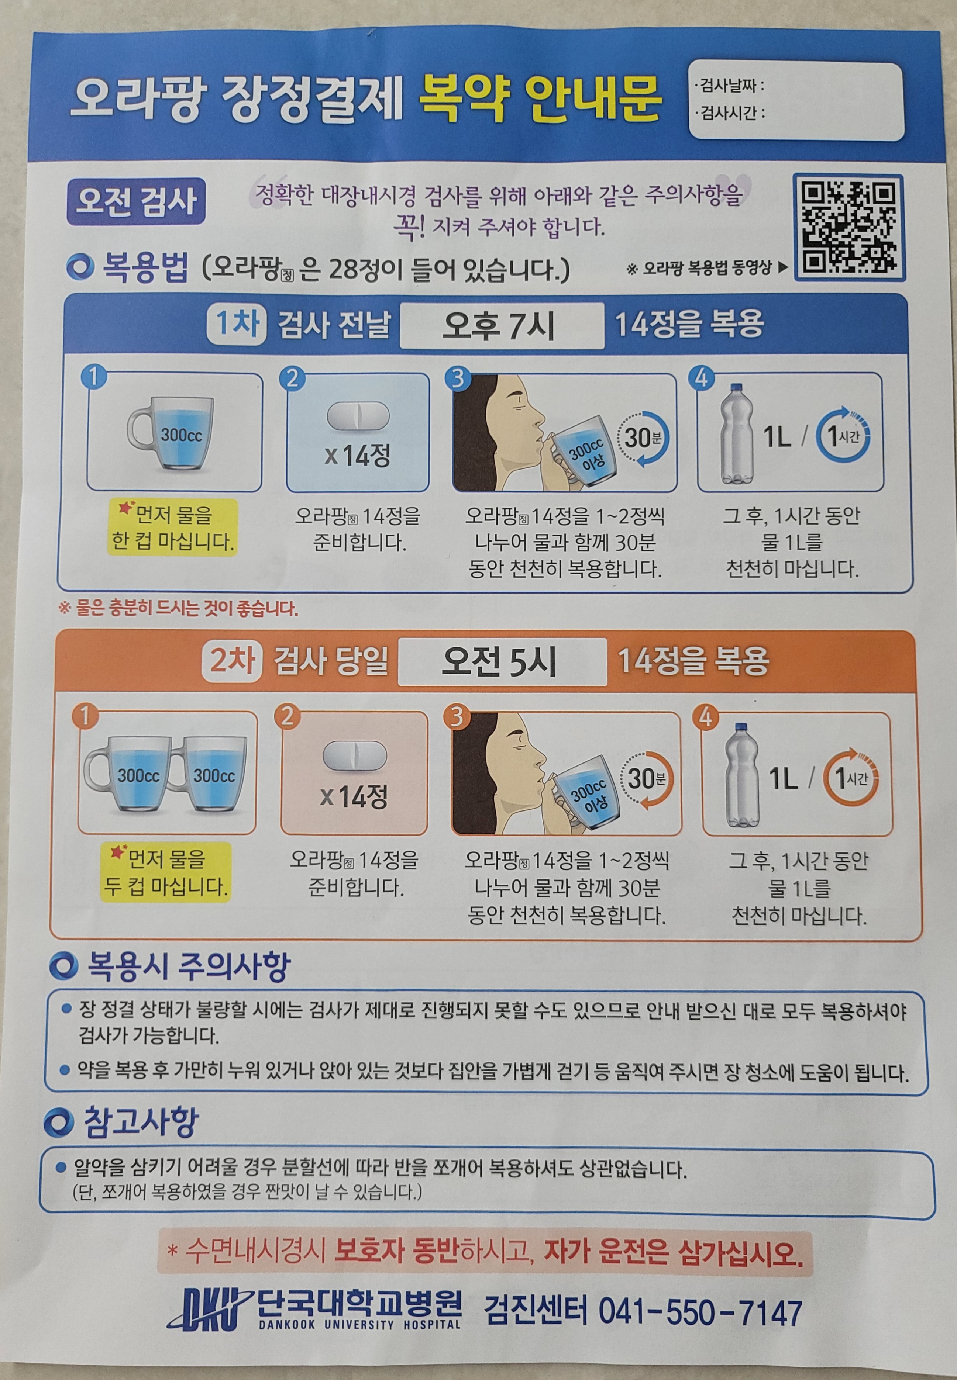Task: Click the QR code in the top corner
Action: (x=849, y=228)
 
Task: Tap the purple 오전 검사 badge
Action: (x=136, y=202)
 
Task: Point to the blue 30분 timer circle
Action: (x=643, y=438)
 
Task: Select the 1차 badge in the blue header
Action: (x=236, y=324)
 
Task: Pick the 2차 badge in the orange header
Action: (x=231, y=661)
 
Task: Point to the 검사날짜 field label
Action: (x=729, y=86)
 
